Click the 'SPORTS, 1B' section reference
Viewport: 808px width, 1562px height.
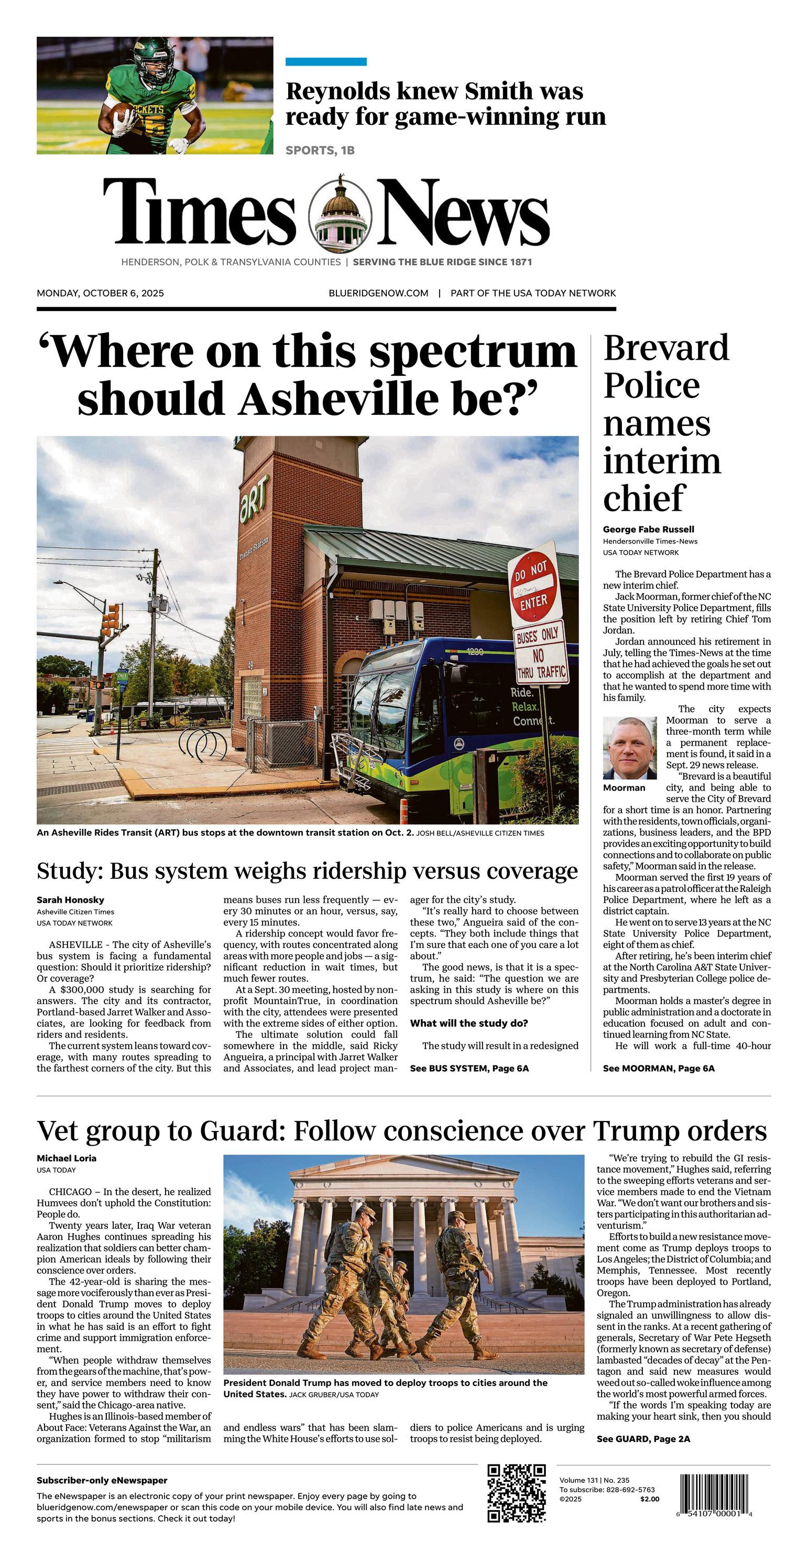(x=320, y=150)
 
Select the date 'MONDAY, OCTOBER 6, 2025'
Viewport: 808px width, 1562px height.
(x=100, y=294)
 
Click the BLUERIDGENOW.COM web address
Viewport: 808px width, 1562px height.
(x=378, y=294)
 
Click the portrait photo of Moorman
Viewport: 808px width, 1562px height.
(x=629, y=748)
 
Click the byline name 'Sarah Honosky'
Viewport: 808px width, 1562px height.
(x=70, y=900)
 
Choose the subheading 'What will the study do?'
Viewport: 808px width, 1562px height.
(x=468, y=1024)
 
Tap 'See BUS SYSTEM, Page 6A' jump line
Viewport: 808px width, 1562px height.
(x=469, y=1069)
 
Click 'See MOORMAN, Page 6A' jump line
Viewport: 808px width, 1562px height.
(x=658, y=1069)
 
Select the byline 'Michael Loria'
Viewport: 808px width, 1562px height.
(x=67, y=1158)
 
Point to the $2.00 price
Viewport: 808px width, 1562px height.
(x=649, y=1499)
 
